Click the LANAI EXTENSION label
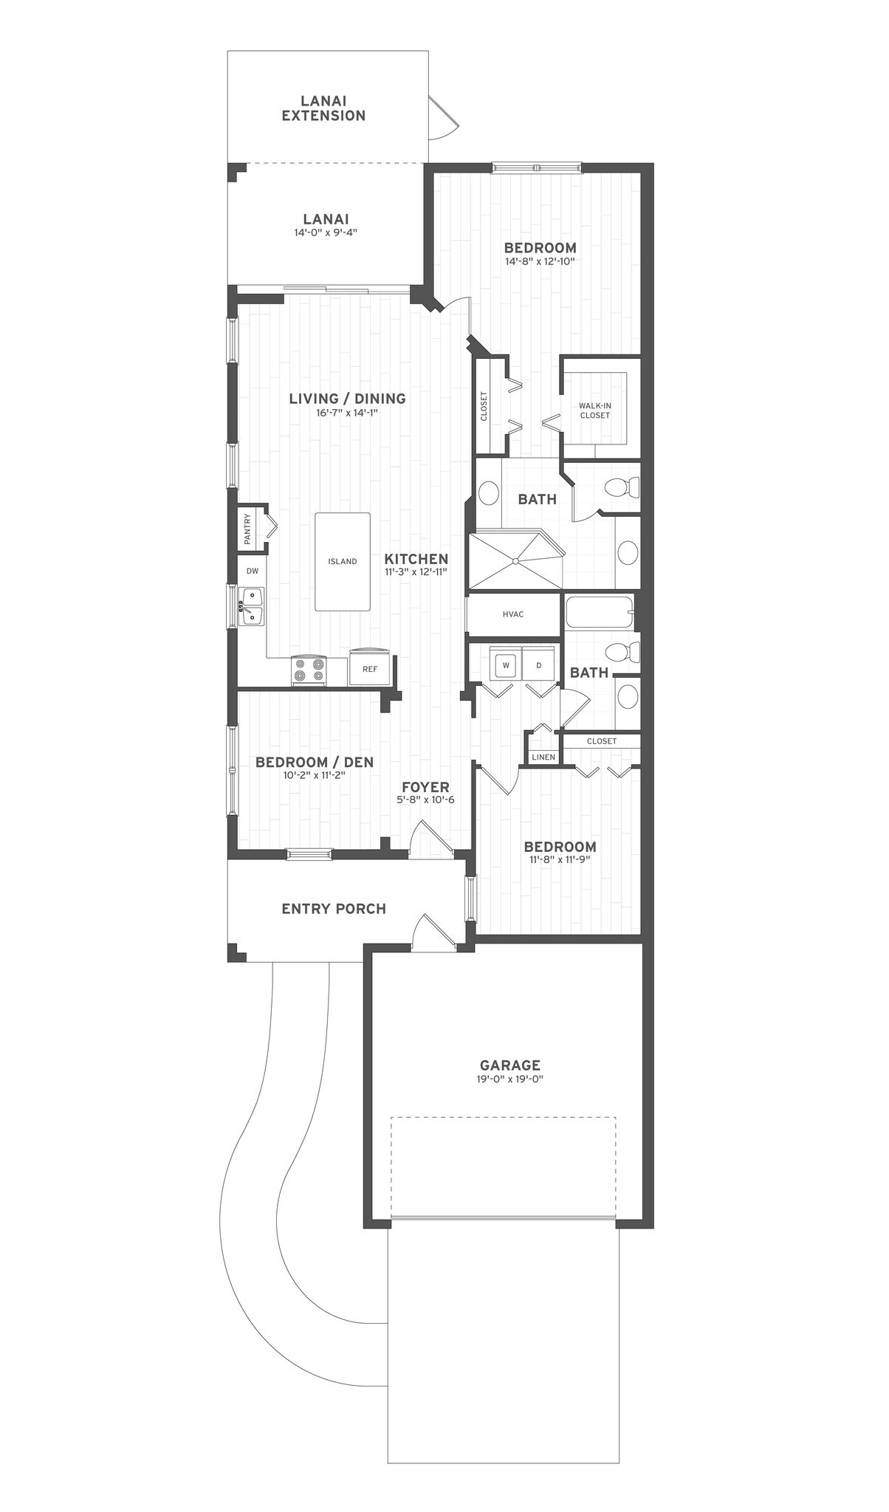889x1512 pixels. point(323,108)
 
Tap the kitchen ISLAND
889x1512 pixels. point(343,561)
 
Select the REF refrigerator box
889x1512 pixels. point(370,669)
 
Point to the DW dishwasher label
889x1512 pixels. point(253,571)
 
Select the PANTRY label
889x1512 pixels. point(247,528)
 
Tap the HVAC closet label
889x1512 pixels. point(512,614)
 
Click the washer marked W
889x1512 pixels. point(507,664)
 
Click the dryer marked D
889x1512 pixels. point(539,664)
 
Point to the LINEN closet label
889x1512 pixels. point(543,757)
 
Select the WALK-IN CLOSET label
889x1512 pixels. point(594,410)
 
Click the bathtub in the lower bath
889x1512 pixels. point(599,612)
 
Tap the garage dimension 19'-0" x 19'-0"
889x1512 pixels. point(510,1079)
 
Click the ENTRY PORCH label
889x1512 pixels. point(334,909)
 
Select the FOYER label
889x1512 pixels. point(425,788)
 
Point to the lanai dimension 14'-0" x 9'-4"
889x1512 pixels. point(326,233)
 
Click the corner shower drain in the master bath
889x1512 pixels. point(515,560)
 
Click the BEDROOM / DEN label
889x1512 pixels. point(315,762)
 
